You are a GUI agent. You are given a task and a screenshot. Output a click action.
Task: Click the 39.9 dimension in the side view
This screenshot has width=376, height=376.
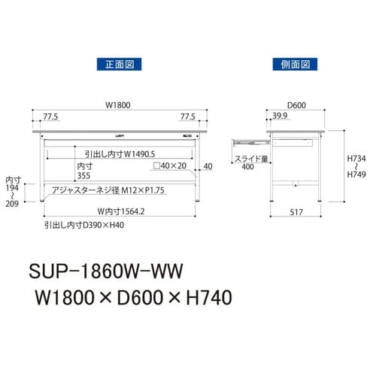280,117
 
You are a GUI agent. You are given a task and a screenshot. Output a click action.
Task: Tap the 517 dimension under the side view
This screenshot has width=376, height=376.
296,213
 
